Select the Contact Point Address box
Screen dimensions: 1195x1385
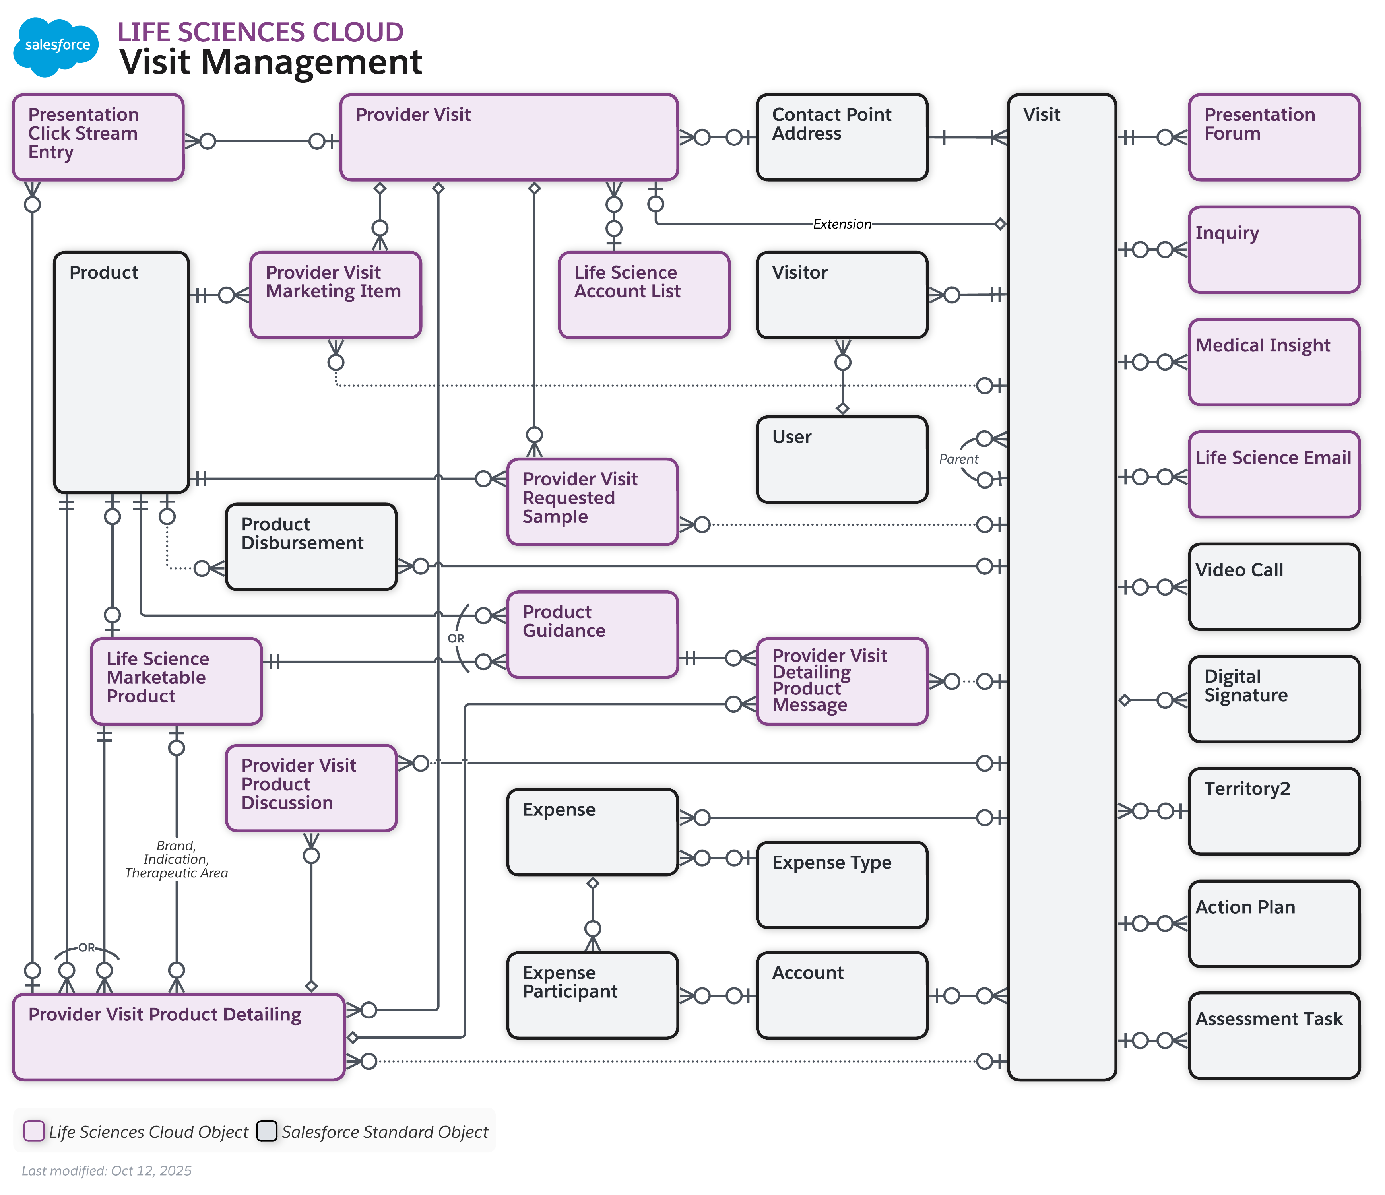pyautogui.click(x=842, y=138)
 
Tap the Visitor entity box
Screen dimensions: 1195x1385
pyautogui.click(x=842, y=295)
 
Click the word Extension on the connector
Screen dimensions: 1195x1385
pyautogui.click(x=842, y=224)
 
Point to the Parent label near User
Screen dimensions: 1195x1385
pyautogui.click(x=958, y=459)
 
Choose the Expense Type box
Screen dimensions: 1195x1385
pyautogui.click(x=842, y=884)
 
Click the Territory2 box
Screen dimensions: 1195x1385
pyautogui.click(x=1273, y=811)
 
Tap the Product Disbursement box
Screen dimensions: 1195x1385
pyautogui.click(x=311, y=547)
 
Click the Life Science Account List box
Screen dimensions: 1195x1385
pyautogui.click(x=644, y=295)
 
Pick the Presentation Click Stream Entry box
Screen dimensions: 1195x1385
pyautogui.click(x=98, y=138)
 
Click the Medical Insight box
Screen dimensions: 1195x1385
pyautogui.click(x=1273, y=362)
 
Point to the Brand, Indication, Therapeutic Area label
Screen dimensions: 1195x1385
pyautogui.click(x=176, y=859)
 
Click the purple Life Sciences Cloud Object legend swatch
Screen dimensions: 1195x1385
pyautogui.click(x=34, y=1131)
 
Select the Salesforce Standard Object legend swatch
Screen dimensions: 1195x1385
pyautogui.click(x=267, y=1131)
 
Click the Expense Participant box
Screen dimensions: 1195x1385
pyautogui.click(x=592, y=995)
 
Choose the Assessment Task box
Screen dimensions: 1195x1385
pyautogui.click(x=1273, y=1035)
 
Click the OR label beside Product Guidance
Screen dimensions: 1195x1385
pyautogui.click(x=456, y=638)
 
